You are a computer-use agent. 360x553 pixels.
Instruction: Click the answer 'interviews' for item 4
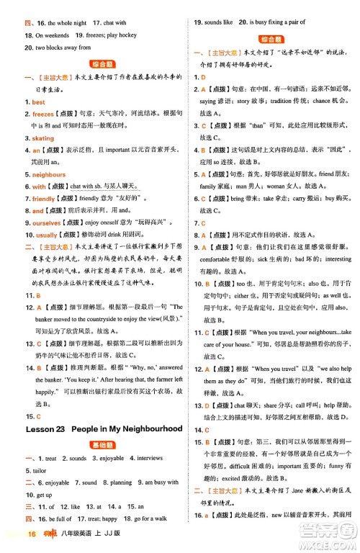[x=148, y=458]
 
